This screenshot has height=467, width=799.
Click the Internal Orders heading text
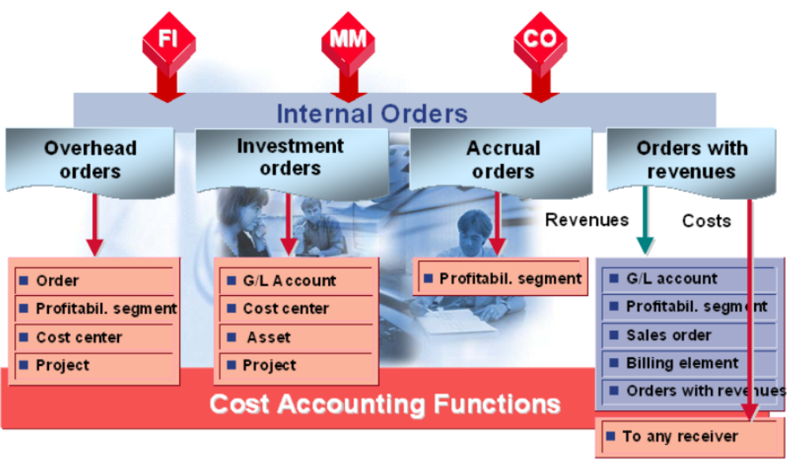click(x=371, y=114)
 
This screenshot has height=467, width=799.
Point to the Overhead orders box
click(x=91, y=159)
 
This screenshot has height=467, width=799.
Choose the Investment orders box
click(x=290, y=157)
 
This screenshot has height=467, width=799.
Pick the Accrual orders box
click(x=502, y=159)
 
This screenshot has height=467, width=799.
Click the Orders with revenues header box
click(x=691, y=160)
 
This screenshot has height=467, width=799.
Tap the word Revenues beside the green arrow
click(x=587, y=220)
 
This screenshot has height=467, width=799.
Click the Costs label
click(x=706, y=221)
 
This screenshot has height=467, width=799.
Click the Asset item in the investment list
click(x=268, y=338)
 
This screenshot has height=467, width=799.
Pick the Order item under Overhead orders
click(x=58, y=281)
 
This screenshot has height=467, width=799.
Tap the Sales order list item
click(x=668, y=335)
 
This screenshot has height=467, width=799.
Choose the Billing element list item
click(x=681, y=364)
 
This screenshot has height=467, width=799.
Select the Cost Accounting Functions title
click(x=384, y=405)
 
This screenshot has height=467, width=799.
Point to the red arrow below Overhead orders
click(x=95, y=224)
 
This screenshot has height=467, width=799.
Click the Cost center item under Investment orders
click(x=286, y=309)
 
